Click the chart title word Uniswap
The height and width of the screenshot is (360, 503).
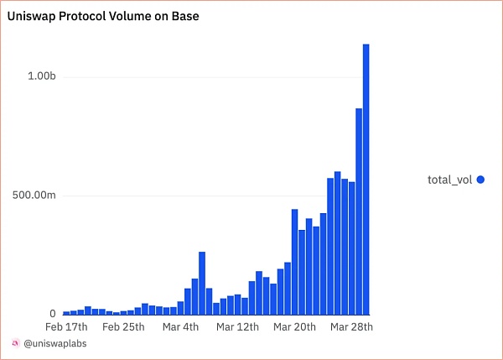tap(34, 15)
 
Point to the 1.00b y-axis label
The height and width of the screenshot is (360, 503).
tap(41, 76)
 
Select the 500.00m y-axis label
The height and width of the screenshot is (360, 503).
tap(34, 196)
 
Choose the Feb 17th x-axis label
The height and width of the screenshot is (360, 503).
tap(67, 327)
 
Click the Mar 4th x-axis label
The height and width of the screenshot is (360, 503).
tap(181, 327)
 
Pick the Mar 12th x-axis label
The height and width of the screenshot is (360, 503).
tap(237, 327)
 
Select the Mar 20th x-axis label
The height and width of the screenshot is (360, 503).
tap(294, 327)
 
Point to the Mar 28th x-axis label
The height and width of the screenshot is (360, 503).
tap(351, 327)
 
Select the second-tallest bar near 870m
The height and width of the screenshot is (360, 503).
tap(358, 211)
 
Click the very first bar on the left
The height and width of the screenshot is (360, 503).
tap(66, 312)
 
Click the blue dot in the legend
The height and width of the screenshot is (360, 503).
tap(481, 179)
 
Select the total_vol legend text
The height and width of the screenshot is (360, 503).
tap(450, 179)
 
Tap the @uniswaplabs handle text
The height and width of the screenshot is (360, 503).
tap(54, 344)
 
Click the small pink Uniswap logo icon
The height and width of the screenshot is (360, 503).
tap(16, 344)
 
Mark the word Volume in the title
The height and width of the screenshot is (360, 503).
tap(116, 15)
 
